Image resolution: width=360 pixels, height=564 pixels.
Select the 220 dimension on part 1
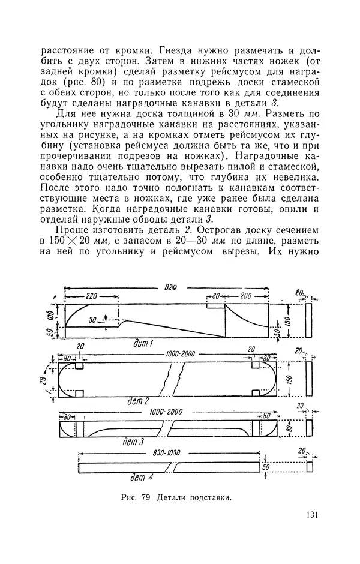click(91, 296)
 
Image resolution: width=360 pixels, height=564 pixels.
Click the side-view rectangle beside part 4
click(310, 466)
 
